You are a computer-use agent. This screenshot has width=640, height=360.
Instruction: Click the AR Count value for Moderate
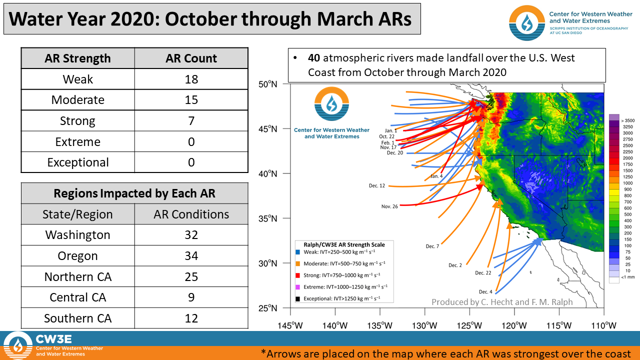coord(191,100)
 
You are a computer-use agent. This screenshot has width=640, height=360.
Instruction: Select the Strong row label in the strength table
coord(77,121)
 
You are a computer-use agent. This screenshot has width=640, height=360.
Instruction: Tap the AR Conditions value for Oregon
coord(191,255)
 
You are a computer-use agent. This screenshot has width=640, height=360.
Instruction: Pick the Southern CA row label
coord(77,318)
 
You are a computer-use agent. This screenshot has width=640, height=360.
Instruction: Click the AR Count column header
coord(191,58)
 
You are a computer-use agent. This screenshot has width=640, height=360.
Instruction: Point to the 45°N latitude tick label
coord(267,129)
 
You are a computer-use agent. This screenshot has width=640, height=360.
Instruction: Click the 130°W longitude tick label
coord(424,325)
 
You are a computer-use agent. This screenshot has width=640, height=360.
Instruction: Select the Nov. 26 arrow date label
coord(389,206)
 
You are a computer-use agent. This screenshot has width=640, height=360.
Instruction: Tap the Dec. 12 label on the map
coord(377,185)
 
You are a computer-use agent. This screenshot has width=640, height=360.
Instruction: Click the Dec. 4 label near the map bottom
coord(485,291)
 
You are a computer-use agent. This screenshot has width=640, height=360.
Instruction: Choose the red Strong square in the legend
coord(297,275)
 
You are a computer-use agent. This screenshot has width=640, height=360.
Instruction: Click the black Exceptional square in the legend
coord(297,299)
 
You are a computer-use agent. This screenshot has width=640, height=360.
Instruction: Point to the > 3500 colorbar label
coord(627,120)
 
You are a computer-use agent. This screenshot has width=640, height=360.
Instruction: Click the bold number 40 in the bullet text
coord(313,58)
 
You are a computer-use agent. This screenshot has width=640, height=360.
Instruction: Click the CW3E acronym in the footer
coord(53,339)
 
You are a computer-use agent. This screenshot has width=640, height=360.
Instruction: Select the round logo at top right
coord(527,23)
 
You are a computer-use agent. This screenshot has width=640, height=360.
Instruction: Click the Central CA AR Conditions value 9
coord(191,297)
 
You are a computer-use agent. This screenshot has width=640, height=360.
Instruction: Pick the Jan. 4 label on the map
coord(436,176)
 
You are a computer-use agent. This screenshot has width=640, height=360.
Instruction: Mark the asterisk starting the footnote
coord(263,351)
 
